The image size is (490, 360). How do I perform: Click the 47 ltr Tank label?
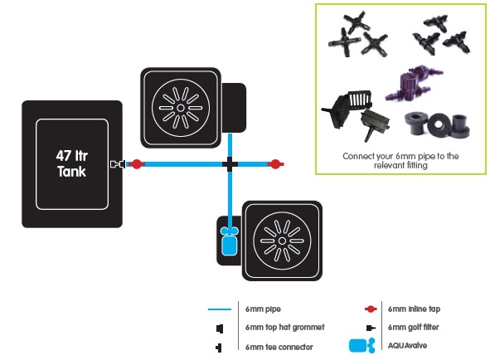point(72,163)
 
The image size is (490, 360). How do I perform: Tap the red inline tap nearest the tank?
point(137,164)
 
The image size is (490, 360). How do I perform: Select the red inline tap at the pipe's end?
point(275,164)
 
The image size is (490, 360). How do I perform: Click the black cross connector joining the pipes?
point(230,164)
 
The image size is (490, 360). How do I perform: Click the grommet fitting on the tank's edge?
point(118,164)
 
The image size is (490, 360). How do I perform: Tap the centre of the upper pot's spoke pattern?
point(181,108)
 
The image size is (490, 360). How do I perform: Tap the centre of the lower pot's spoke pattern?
point(282,241)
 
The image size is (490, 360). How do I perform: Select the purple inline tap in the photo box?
point(413,83)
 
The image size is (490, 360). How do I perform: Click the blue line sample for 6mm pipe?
point(220,309)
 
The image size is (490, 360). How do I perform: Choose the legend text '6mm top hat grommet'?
point(285,327)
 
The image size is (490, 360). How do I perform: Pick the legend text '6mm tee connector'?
point(279,347)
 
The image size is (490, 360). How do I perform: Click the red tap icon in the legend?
point(371,309)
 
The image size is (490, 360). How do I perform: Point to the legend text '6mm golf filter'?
point(414,327)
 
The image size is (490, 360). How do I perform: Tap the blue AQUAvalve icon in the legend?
point(361,345)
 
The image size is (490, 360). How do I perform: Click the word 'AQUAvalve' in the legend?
point(407,346)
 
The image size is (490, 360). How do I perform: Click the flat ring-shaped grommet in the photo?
point(438,124)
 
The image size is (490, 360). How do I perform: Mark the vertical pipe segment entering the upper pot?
point(230,145)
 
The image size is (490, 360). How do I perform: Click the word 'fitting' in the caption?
point(416,165)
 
